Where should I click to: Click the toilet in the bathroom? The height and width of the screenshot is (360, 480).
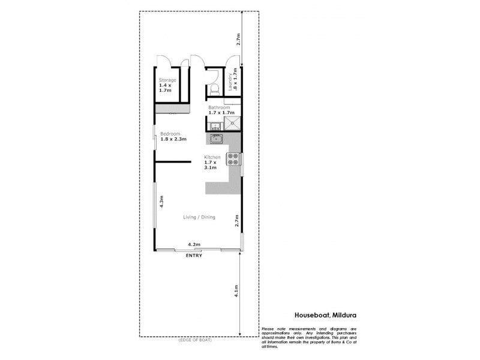(x=214, y=89)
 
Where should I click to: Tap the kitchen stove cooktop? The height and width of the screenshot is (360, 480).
(x=232, y=159)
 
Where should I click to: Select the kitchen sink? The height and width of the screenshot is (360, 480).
(x=216, y=139)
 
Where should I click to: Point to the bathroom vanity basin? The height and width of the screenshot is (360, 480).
(x=214, y=125)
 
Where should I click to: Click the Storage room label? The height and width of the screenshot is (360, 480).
(x=167, y=80)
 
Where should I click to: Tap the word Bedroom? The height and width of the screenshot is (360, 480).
(x=170, y=133)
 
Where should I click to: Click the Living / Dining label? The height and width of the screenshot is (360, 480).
(x=199, y=217)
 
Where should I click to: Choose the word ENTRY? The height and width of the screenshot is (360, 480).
(x=194, y=256)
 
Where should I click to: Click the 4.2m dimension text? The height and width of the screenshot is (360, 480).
(x=194, y=245)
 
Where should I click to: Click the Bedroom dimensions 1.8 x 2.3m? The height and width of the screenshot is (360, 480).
(x=173, y=139)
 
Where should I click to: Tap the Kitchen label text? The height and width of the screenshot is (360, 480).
(x=213, y=157)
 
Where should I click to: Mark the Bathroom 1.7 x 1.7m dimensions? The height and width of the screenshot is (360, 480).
(x=220, y=113)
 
